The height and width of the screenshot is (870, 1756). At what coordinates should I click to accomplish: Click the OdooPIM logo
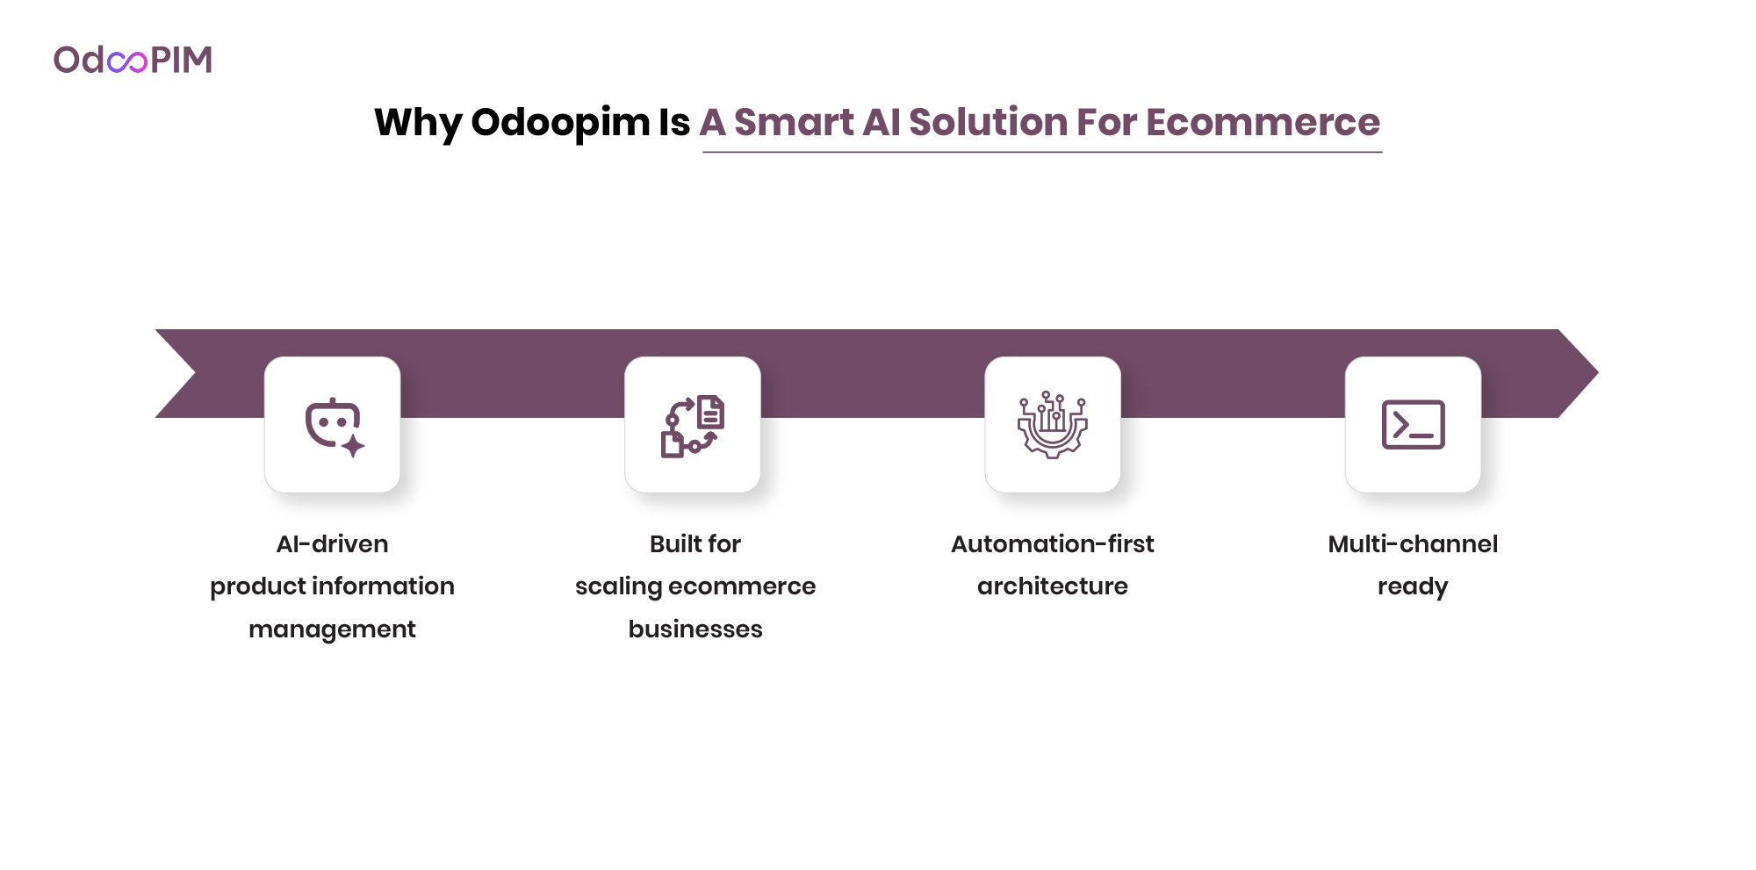(x=133, y=60)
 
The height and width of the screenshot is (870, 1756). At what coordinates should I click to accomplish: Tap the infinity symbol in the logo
(x=127, y=61)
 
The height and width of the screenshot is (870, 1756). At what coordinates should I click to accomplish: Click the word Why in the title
(x=417, y=122)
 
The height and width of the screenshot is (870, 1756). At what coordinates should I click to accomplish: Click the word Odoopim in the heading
(x=560, y=122)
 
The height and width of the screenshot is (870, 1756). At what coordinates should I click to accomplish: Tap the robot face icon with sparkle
(x=333, y=426)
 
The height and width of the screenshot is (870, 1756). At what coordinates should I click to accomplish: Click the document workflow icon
(x=693, y=426)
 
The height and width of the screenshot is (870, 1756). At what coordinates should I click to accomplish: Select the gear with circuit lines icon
(x=1053, y=425)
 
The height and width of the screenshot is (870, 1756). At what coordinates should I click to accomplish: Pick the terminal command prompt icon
(x=1413, y=425)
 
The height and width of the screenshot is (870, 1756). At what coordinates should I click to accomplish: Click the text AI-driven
(x=332, y=544)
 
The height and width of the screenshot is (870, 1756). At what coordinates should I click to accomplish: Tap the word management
(x=332, y=629)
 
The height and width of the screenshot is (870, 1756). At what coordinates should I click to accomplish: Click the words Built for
(x=694, y=544)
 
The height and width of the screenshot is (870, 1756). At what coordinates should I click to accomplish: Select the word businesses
(x=694, y=629)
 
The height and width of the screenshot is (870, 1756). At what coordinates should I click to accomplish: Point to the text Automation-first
(x=1052, y=544)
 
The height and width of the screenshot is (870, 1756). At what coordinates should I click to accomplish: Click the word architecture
(x=1052, y=586)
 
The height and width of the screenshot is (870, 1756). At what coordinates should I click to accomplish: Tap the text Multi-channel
(x=1413, y=544)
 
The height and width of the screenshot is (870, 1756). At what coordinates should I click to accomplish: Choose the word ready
(x=1413, y=586)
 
